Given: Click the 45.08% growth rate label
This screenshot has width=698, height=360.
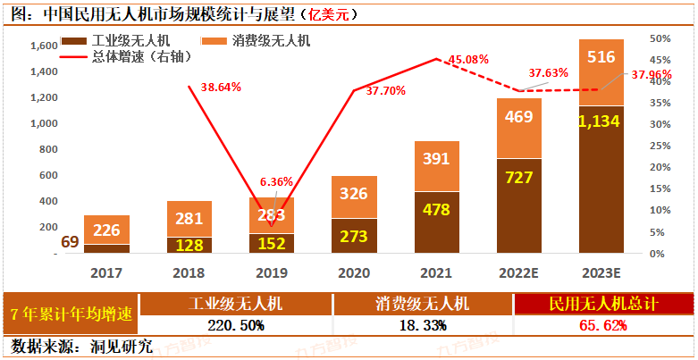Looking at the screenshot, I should [468, 59].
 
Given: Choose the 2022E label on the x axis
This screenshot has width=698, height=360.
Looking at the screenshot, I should [519, 270].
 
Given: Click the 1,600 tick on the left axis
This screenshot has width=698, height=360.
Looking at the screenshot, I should [44, 46].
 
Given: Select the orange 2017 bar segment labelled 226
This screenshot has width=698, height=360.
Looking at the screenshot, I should [107, 230].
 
